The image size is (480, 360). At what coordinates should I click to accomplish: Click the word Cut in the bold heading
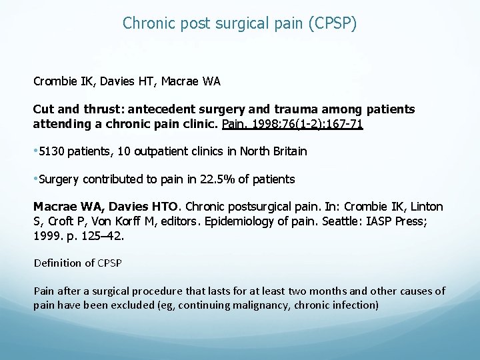coord(44,109)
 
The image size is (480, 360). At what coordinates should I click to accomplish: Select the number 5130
coord(52,151)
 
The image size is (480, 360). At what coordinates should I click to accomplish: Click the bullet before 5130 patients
coord(36,151)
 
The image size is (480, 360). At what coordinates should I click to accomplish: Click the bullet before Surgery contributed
coord(36,179)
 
